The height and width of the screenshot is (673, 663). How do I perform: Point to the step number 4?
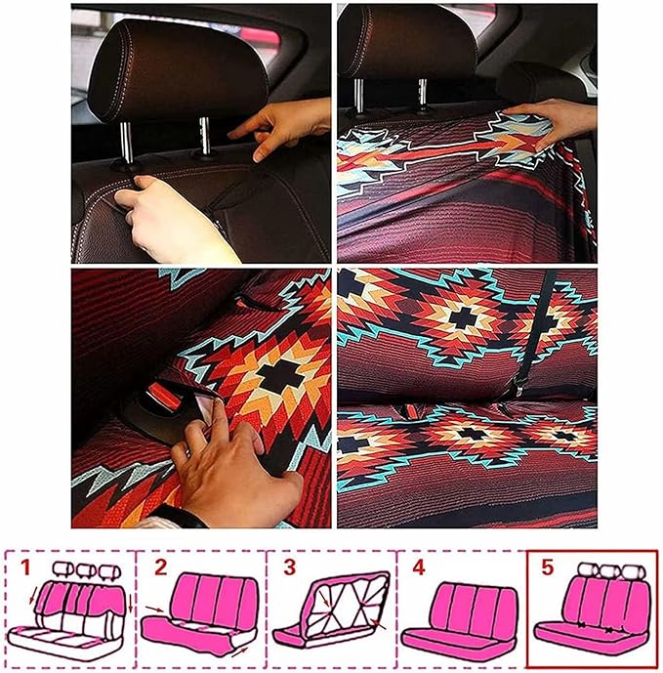(x=417, y=567)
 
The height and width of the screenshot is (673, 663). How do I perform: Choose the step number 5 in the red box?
(x=547, y=567)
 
